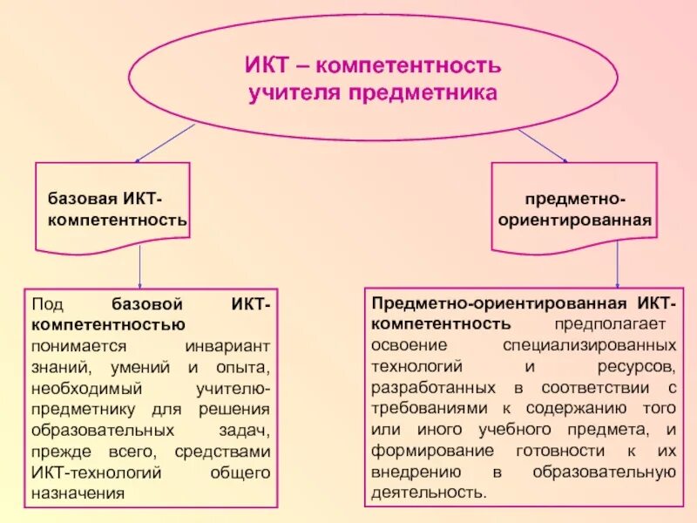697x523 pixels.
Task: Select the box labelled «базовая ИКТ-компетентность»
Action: [113, 209]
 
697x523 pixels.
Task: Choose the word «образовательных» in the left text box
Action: [94, 431]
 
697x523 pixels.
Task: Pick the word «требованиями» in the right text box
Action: [425, 409]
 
